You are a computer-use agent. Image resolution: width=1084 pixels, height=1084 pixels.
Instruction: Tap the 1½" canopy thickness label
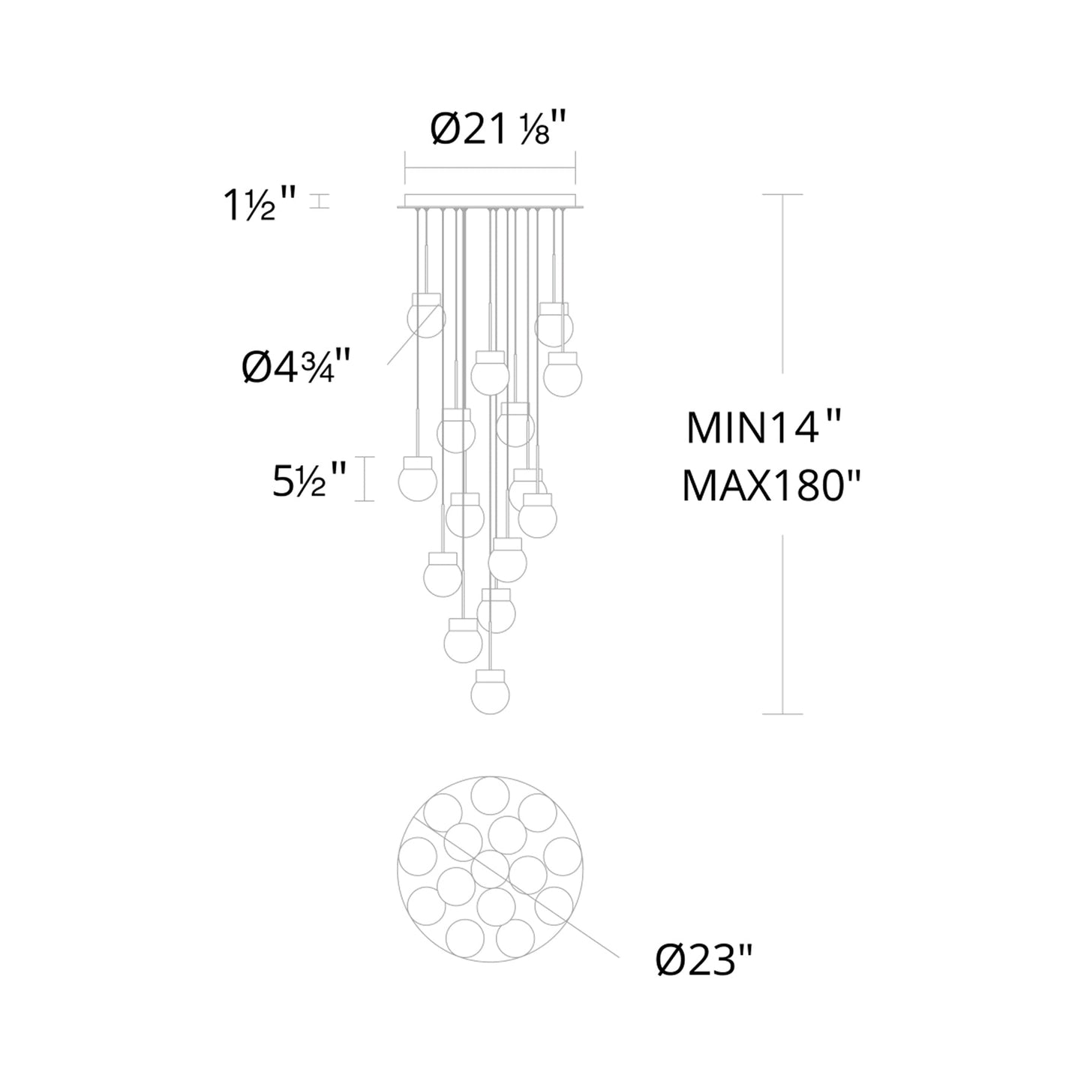tap(260, 205)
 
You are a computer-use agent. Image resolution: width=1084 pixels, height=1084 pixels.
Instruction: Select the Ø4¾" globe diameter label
tap(296, 367)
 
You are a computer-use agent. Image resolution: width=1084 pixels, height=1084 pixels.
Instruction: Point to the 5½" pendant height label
tap(308, 480)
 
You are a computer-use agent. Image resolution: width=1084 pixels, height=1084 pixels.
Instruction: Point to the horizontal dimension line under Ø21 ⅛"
tap(490, 167)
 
